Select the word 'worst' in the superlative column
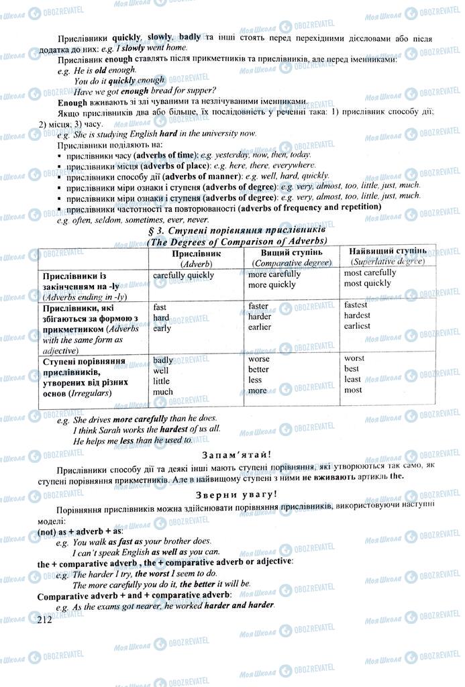[x=354, y=358]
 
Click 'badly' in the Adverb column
[x=163, y=360]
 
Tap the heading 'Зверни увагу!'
[x=232, y=494]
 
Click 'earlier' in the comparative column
[x=260, y=327]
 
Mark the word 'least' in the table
[x=353, y=379]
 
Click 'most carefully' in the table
[x=370, y=273]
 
